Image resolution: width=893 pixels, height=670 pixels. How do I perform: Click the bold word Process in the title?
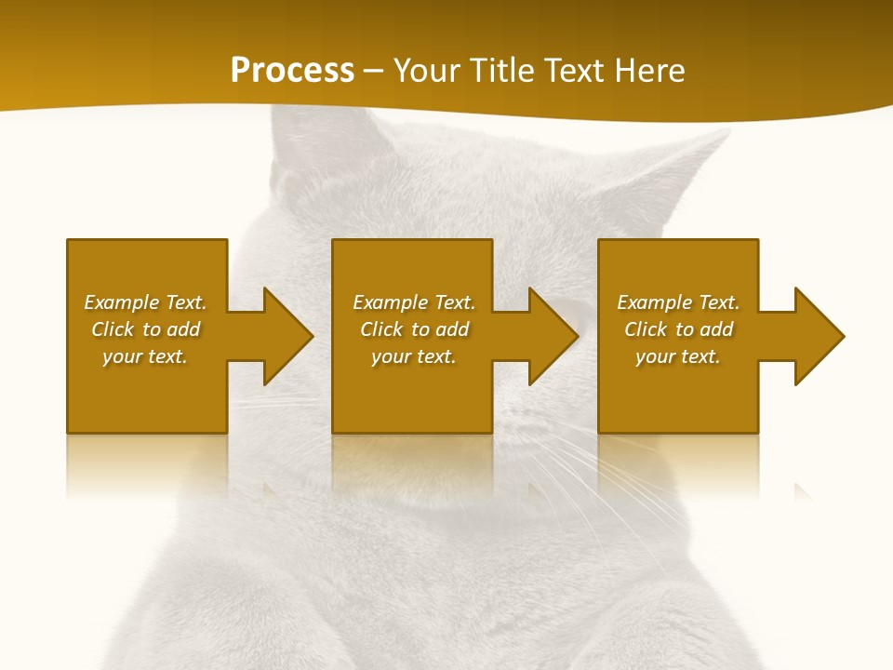pos(292,71)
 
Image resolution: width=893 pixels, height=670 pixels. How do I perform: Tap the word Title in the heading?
pos(497,71)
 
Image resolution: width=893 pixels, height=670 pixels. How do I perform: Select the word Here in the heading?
pos(649,71)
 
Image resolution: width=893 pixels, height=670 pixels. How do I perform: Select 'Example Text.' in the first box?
pos(145,302)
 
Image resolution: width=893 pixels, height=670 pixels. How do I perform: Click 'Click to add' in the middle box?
pos(414,329)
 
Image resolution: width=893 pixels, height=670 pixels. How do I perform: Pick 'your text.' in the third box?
pos(677,356)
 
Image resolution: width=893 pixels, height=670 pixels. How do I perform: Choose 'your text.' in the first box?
pos(145,356)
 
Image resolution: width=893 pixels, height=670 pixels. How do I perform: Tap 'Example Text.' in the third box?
pos(678,302)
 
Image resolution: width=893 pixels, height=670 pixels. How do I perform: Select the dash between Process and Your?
pos(373,71)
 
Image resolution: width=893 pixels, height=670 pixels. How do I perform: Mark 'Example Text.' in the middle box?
pos(414,302)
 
